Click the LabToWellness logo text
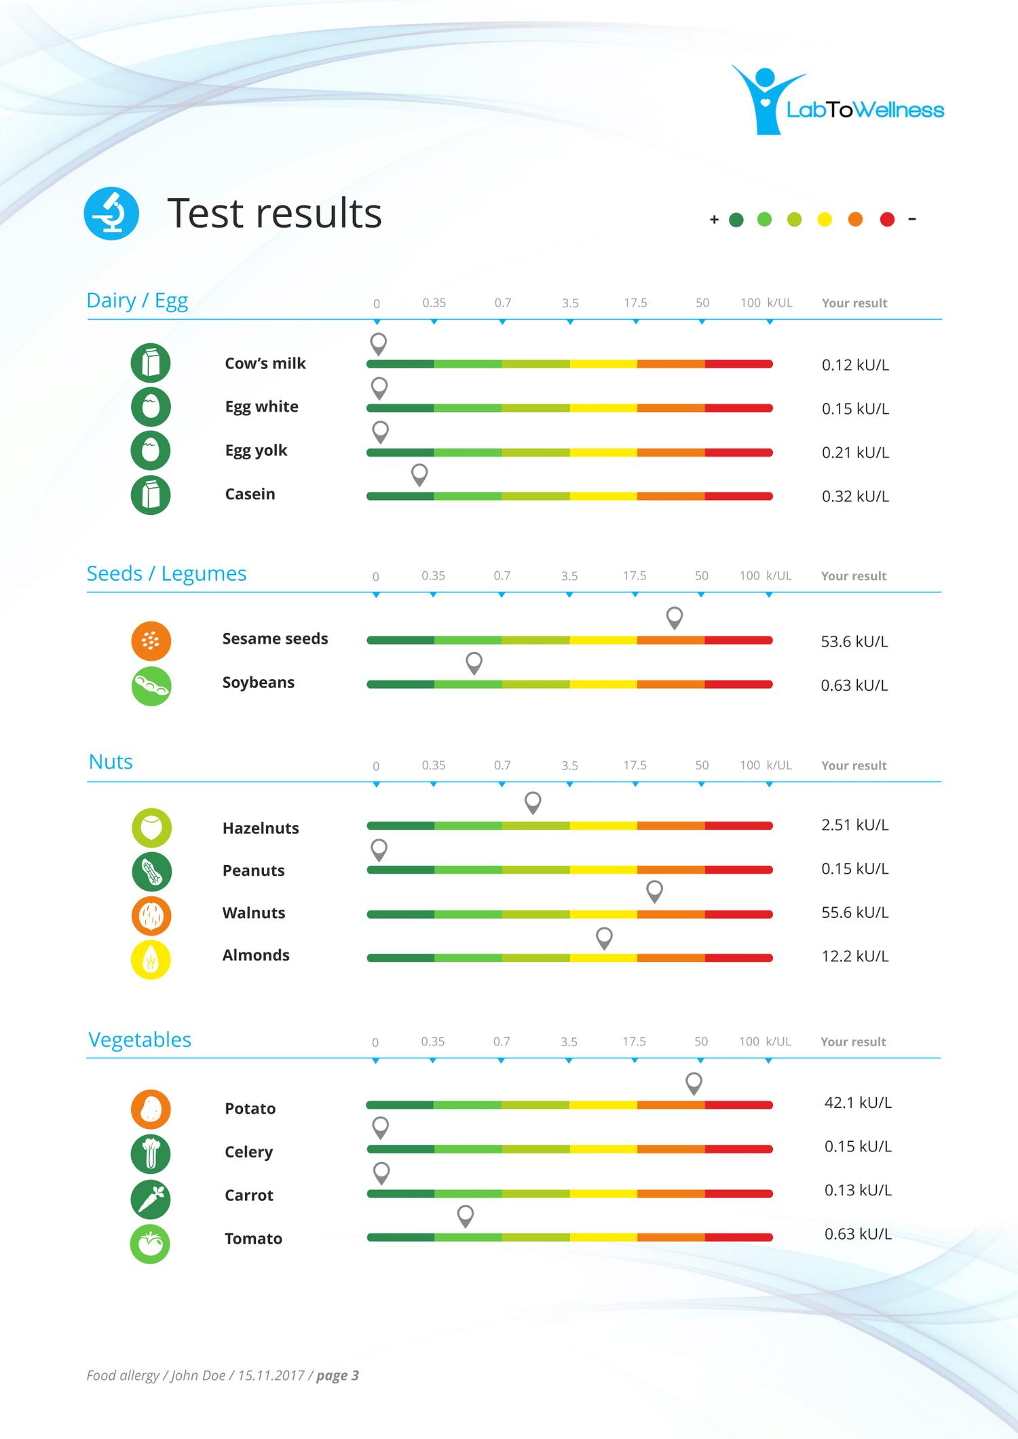[x=865, y=110]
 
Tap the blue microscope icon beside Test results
[x=111, y=213]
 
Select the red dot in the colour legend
[x=886, y=219]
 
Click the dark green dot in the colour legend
[x=736, y=219]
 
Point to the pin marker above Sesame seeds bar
[x=674, y=617]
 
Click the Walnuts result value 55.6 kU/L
[x=854, y=913]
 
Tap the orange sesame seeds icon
[x=151, y=640]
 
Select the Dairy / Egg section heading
[x=137, y=300]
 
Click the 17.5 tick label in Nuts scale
[x=635, y=765]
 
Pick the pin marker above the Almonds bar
[x=604, y=937]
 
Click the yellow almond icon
[x=151, y=959]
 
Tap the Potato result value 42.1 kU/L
[x=857, y=1102]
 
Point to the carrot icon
[x=151, y=1199]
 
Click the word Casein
[x=250, y=494]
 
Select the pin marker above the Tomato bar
[x=465, y=1214]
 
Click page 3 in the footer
[x=337, y=1375]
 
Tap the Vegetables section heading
[x=140, y=1039]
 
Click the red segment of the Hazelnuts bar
[x=738, y=826]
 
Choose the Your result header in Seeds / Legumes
[x=853, y=576]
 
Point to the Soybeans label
[x=258, y=683]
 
